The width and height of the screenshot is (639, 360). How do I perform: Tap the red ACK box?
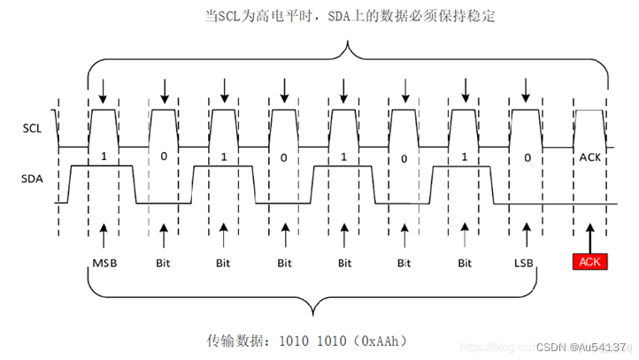pos(590,262)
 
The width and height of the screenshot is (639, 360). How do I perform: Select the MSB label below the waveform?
pos(104,263)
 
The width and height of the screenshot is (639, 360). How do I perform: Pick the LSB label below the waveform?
pos(525,263)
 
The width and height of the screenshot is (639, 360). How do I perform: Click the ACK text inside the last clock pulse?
pos(590,157)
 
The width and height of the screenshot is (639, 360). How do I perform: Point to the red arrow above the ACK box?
pos(590,236)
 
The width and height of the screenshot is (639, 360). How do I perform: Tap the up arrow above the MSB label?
pos(104,236)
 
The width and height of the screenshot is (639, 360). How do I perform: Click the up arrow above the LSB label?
pos(525,236)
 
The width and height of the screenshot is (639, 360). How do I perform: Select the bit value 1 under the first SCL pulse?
pos(104,157)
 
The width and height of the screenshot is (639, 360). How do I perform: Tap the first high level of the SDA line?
pos(102,166)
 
